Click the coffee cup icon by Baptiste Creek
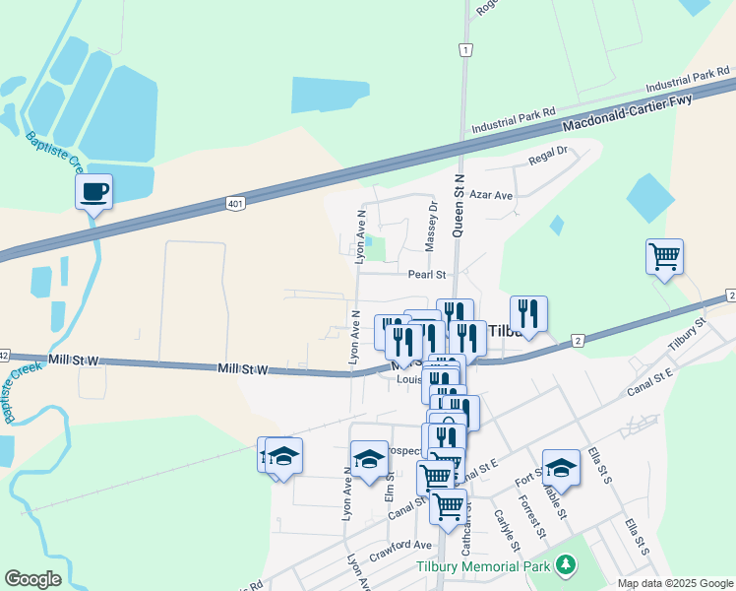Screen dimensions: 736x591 coord(94,191)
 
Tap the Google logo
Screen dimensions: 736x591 coord(32,579)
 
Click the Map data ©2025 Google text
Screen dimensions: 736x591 coord(674,583)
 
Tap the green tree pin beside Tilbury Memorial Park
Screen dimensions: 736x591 coord(565,564)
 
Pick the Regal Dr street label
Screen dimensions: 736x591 coord(549,154)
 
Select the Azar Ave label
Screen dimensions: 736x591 coord(491,196)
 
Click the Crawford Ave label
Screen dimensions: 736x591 coord(400,545)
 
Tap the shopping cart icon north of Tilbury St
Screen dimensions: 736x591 coord(665,257)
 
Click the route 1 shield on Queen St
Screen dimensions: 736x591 coord(463,49)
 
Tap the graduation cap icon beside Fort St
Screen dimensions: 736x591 coord(561,467)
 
